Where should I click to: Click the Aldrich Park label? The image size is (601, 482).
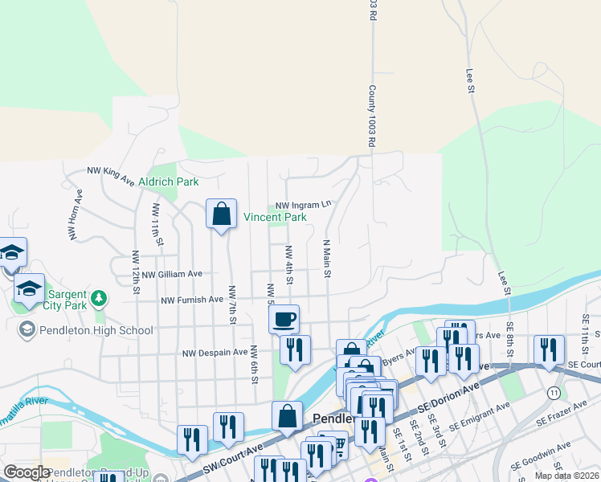(169, 182)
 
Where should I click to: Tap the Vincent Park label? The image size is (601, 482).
(276, 217)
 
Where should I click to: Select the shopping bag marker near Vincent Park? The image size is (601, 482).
(221, 214)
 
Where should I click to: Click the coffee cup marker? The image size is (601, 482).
(284, 320)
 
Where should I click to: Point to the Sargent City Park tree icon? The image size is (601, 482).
(99, 299)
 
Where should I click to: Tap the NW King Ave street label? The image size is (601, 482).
(110, 176)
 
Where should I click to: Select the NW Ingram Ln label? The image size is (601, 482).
(304, 206)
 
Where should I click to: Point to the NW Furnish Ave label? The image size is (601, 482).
(192, 300)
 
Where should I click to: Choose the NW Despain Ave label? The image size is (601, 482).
(215, 353)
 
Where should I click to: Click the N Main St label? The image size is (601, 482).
(327, 258)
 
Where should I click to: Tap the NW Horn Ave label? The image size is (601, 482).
(75, 214)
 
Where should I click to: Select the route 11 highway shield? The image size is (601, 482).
(554, 392)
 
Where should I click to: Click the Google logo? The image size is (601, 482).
(27, 472)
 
